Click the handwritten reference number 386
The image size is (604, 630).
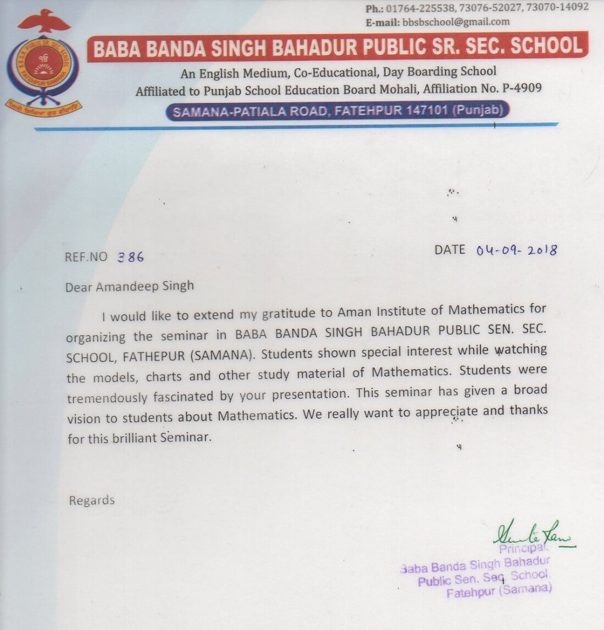(x=131, y=257)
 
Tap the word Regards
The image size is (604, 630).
(x=92, y=500)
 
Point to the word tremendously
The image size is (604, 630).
(x=107, y=398)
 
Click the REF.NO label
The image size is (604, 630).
(x=86, y=257)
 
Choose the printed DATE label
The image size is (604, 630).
(x=450, y=249)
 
